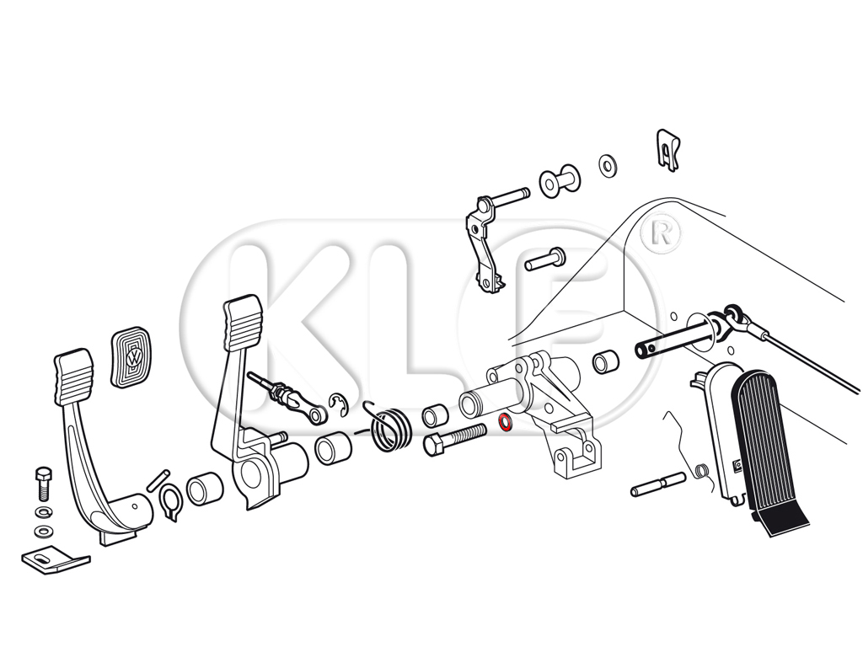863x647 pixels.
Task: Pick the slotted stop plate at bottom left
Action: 55,560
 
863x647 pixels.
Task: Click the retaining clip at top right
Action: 668,149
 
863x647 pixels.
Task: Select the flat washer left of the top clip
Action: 608,164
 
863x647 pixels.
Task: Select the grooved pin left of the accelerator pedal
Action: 659,484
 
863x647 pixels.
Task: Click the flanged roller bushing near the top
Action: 560,180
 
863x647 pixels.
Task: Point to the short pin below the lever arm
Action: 545,259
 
